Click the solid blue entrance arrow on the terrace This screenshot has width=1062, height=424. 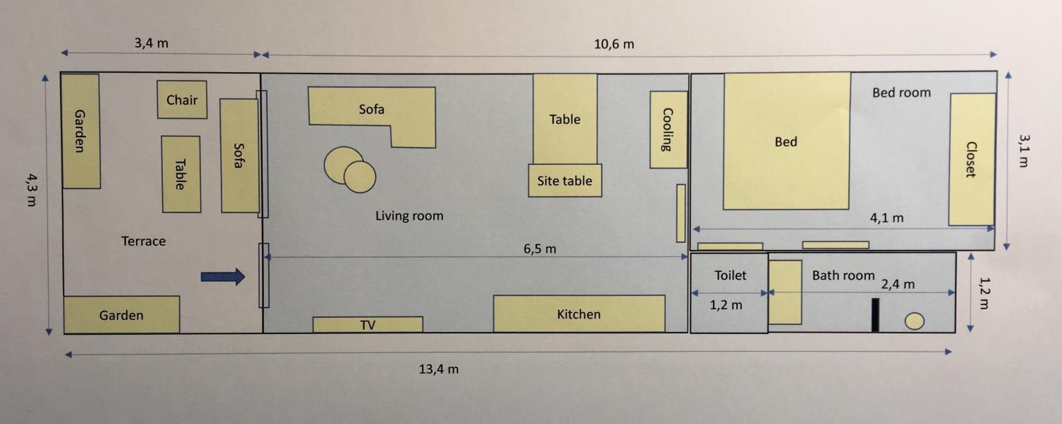(x=223, y=276)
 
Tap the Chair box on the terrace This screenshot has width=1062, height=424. (x=182, y=99)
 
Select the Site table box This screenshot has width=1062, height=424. (x=565, y=181)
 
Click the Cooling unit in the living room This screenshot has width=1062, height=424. (x=668, y=130)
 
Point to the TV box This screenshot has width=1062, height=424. (x=368, y=325)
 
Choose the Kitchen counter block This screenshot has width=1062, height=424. (x=579, y=314)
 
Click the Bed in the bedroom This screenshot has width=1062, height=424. (x=786, y=141)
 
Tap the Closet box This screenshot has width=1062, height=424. (x=971, y=160)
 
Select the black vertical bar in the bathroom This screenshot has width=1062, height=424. (x=875, y=315)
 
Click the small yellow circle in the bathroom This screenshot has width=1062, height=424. (x=914, y=321)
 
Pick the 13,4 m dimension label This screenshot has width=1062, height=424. (x=439, y=369)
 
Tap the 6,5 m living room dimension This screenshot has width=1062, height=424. (x=539, y=248)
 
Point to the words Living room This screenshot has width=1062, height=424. (x=409, y=216)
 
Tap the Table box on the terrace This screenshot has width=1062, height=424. (x=181, y=174)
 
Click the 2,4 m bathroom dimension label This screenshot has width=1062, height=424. (x=898, y=284)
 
